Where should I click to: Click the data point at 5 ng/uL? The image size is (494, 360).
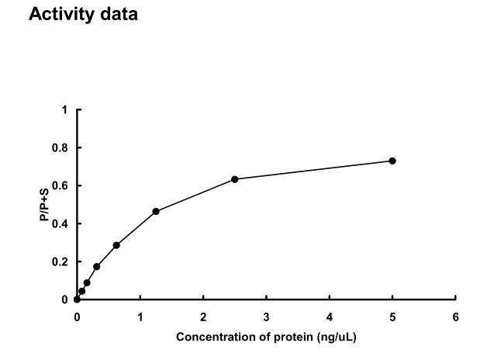coord(392,161)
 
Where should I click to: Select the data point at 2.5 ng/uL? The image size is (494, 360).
coord(234,179)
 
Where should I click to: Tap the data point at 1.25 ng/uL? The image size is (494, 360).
coord(156,211)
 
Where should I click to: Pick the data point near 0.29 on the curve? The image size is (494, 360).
coord(116,245)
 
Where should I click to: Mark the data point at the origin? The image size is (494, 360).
coord(77,299)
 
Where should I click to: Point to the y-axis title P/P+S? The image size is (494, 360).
coord(45,205)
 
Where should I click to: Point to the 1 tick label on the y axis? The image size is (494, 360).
coord(65,109)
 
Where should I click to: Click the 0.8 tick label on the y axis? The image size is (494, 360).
coord(61,147)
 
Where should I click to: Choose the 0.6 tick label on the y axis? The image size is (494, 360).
coord(61,185)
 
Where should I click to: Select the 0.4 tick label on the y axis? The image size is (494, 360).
coord(61,223)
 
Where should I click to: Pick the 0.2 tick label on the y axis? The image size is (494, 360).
coord(61,261)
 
